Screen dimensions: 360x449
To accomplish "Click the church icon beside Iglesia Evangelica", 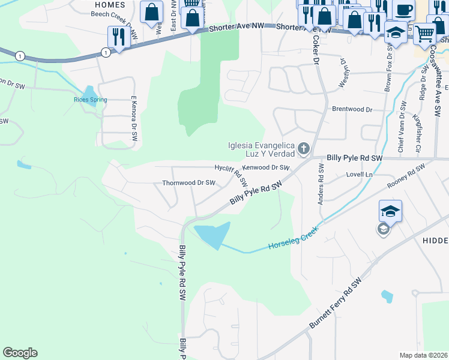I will click(304, 148).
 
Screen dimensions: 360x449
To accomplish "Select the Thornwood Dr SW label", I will click(188, 182).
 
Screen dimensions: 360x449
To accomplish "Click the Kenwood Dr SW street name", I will click(266, 168).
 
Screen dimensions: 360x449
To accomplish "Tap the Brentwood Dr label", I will click(352, 110).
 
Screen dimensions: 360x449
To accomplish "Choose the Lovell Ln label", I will click(360, 175).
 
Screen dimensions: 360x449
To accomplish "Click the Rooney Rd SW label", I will click(402, 180).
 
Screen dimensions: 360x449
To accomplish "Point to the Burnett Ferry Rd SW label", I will click(337, 303).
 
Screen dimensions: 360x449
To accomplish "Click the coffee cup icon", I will click(403, 10).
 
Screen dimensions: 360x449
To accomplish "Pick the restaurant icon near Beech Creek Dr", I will click(118, 37).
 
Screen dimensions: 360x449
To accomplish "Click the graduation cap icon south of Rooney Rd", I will click(390, 211).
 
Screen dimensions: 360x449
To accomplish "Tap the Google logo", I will click(20, 353).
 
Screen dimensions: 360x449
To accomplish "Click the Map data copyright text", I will click(423, 355).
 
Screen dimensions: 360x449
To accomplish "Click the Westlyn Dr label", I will click(345, 73).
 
